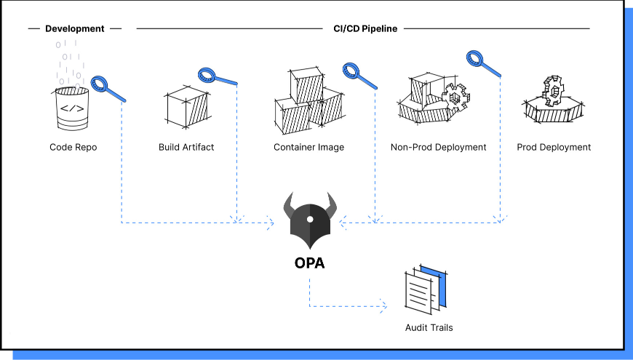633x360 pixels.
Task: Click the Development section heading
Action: pos(75,29)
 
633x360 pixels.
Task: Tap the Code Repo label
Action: pos(73,147)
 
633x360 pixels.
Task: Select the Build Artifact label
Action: pos(186,147)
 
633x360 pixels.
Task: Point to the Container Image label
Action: pos(308,147)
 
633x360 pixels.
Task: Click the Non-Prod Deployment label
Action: pos(438,147)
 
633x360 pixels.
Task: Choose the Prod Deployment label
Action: pos(554,147)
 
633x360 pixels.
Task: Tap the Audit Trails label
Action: pos(429,327)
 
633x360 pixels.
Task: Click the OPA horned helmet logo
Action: pos(310,221)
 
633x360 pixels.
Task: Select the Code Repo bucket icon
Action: pos(73,109)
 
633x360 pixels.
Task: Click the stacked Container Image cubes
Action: pos(308,102)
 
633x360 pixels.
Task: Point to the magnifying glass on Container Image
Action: pos(359,76)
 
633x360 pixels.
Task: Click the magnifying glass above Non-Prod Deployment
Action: pos(484,63)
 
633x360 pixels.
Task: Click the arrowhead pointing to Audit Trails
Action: pos(383,305)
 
